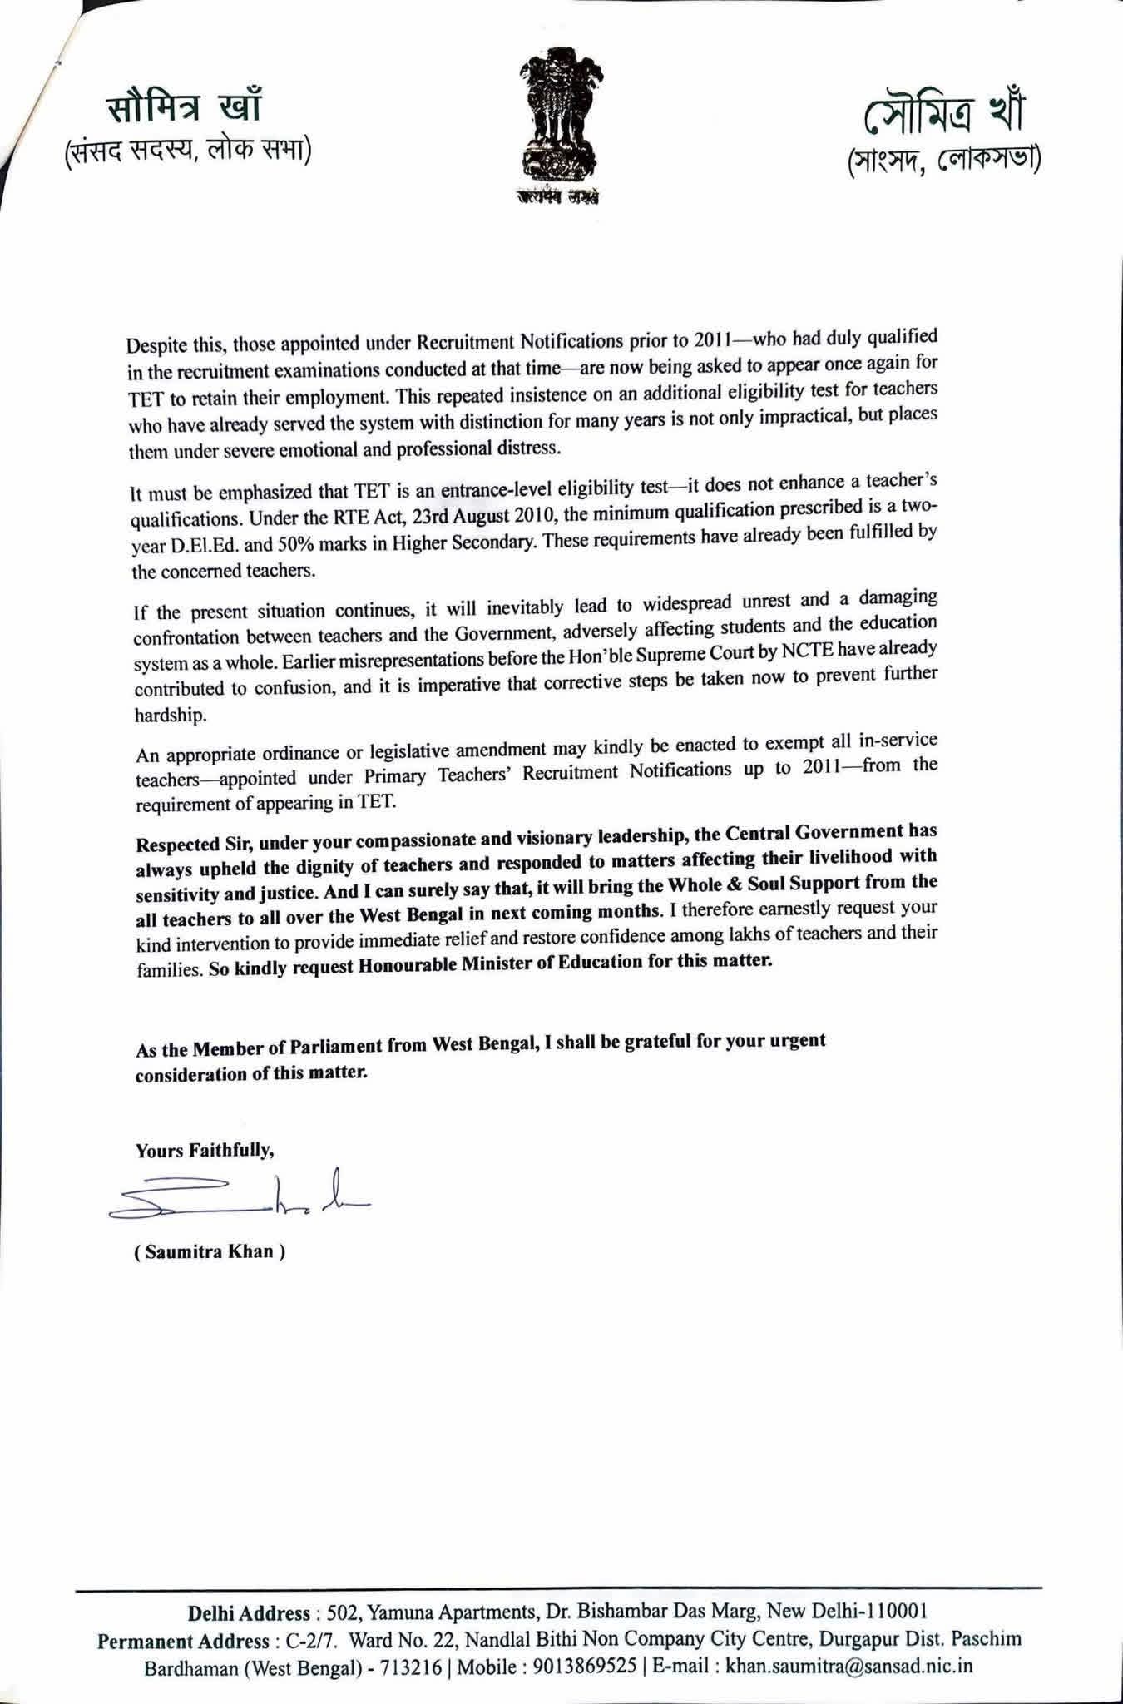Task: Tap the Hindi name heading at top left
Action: tap(186, 109)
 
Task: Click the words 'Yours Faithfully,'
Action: tap(205, 1152)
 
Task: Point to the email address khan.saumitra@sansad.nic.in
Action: tap(848, 1667)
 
